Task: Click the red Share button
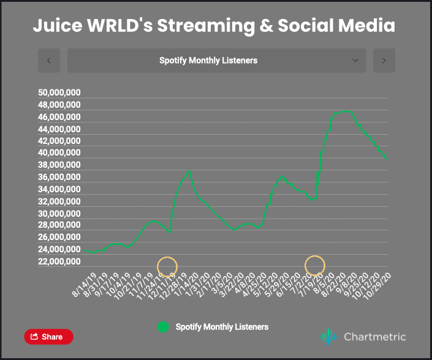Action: pos(48,337)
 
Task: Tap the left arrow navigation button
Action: pos(49,61)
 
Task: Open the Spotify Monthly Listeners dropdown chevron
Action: pos(355,61)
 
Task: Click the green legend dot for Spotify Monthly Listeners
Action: pos(163,327)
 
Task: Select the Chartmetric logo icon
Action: pos(329,337)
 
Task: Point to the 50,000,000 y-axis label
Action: pos(59,93)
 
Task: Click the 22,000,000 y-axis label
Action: pos(59,261)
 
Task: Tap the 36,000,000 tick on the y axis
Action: pos(59,178)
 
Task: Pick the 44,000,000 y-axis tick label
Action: pos(59,129)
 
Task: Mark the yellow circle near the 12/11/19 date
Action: pos(167,266)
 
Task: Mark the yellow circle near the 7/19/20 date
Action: pos(315,265)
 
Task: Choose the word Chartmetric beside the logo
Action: pos(375,337)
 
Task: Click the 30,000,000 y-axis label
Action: pos(59,214)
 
